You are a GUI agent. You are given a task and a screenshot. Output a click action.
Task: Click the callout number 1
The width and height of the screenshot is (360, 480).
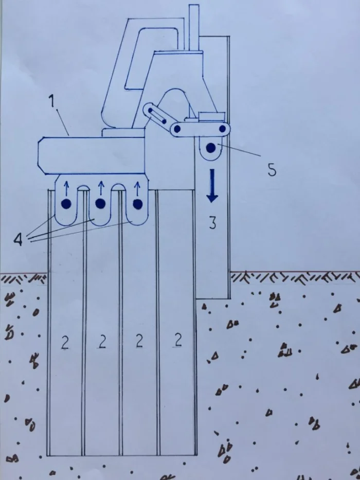tap(53, 101)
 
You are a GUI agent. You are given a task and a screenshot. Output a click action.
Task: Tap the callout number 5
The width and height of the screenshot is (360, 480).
tap(272, 170)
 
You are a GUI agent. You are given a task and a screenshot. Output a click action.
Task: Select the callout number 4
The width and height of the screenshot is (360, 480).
tap(19, 239)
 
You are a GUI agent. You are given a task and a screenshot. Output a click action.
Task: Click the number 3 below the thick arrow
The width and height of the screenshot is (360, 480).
tap(212, 223)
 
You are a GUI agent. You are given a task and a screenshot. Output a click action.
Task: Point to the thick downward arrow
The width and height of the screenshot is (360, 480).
tap(212, 186)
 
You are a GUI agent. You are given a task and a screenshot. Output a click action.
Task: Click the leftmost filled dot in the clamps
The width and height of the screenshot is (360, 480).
tap(66, 204)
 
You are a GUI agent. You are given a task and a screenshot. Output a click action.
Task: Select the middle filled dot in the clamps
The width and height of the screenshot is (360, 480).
tap(100, 203)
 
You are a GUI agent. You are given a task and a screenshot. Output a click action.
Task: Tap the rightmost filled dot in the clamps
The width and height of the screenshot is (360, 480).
tap(138, 204)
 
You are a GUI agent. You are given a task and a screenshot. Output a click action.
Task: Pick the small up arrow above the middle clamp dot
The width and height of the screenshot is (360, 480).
tap(101, 188)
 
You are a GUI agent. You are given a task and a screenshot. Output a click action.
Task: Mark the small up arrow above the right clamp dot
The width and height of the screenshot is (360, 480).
tap(137, 189)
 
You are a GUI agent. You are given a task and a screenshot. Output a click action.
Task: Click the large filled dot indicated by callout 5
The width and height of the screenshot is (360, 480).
tap(211, 148)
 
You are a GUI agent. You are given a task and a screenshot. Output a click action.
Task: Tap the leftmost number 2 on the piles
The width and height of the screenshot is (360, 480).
tap(65, 343)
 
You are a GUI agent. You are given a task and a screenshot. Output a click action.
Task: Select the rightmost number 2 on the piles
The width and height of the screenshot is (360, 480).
tap(177, 340)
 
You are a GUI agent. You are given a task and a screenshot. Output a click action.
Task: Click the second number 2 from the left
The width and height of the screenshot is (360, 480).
tap(102, 342)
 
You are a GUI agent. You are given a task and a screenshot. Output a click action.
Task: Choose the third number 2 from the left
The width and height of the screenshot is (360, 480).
tap(139, 341)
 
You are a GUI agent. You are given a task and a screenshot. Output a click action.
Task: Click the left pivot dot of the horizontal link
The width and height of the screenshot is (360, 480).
tap(177, 129)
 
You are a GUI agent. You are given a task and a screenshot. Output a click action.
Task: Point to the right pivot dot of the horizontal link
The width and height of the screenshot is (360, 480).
tap(223, 128)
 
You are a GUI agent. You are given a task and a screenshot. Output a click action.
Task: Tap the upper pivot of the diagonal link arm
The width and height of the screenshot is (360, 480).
tap(150, 110)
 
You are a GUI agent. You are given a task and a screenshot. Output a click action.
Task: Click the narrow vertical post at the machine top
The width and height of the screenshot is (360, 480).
tap(194, 28)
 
